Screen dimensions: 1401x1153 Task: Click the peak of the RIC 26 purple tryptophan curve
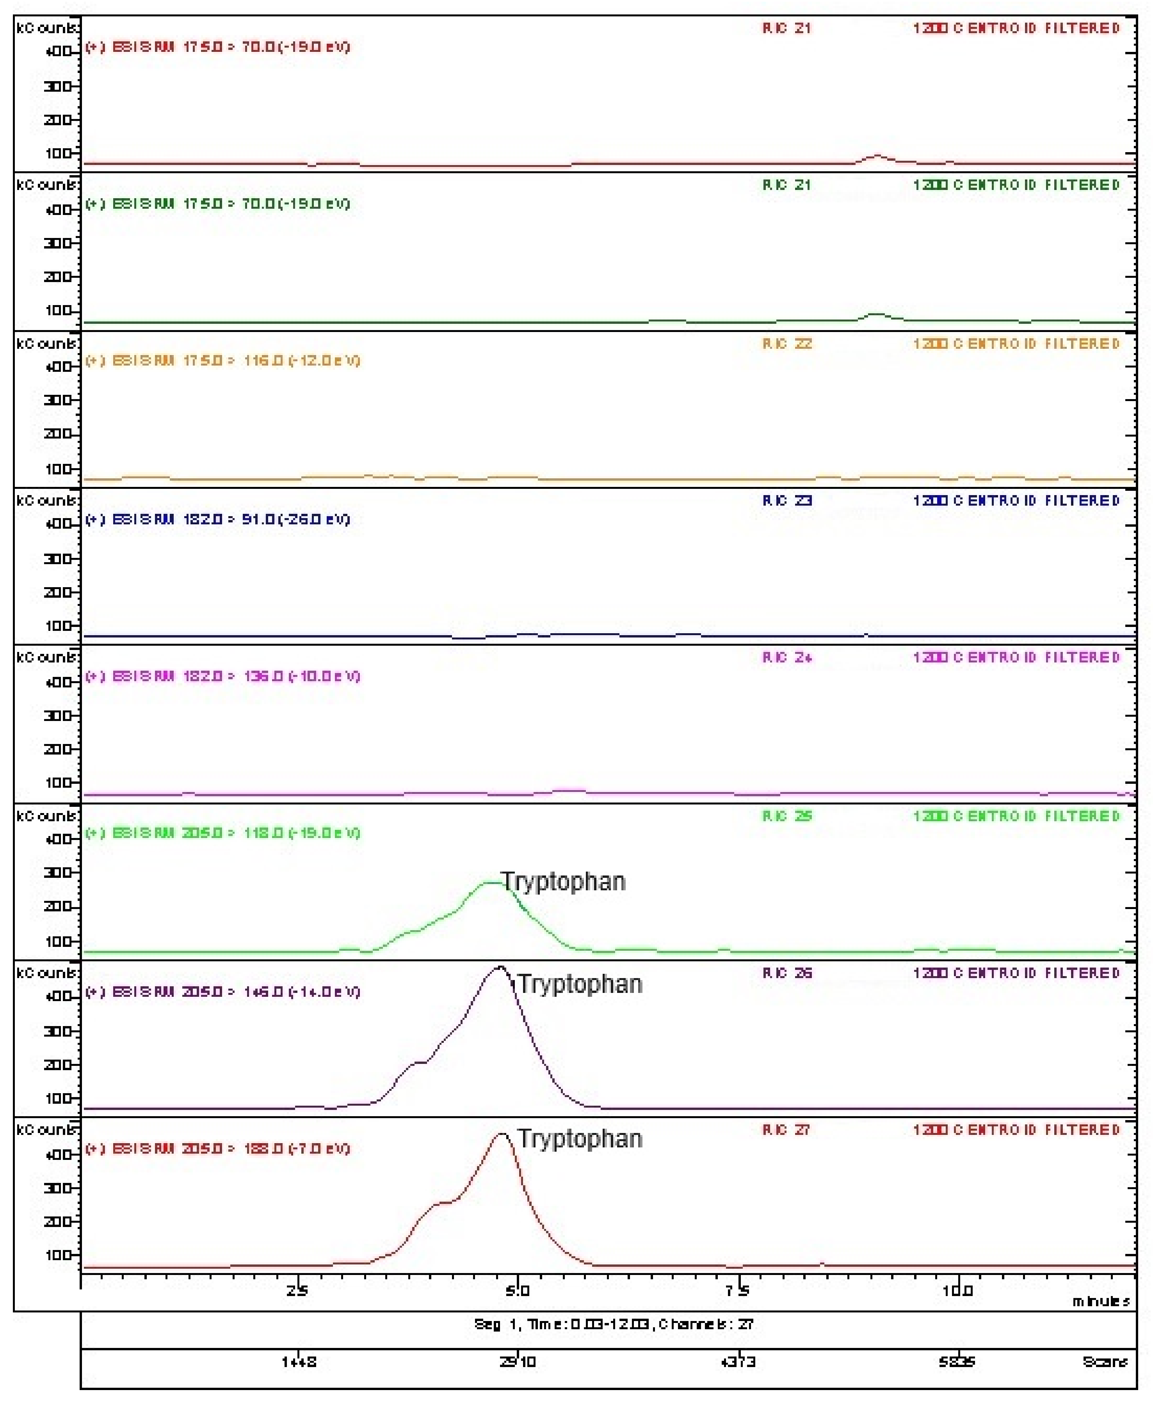tap(500, 968)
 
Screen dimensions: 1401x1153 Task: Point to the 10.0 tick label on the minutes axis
tap(957, 1291)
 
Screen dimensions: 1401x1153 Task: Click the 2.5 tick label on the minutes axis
tap(297, 1291)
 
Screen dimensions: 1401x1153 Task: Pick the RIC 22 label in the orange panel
tap(786, 343)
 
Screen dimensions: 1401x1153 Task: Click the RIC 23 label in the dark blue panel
tap(786, 500)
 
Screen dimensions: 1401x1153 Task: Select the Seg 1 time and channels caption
tap(613, 1324)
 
